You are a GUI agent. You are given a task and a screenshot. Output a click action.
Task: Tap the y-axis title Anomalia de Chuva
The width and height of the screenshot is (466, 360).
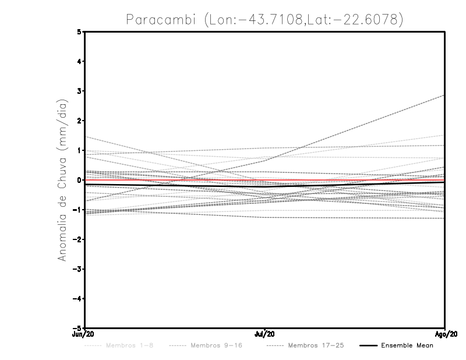pyautogui.click(x=62, y=180)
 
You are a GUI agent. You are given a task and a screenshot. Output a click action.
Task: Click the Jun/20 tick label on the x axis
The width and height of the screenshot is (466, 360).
pyautogui.click(x=84, y=334)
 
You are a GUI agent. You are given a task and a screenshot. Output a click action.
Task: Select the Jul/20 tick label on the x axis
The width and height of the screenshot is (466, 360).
pyautogui.click(x=265, y=334)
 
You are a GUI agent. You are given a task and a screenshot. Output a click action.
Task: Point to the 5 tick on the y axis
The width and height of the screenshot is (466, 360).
pyautogui.click(x=79, y=31)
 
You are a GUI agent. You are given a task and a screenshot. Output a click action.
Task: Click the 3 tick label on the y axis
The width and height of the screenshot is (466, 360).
pyautogui.click(x=79, y=91)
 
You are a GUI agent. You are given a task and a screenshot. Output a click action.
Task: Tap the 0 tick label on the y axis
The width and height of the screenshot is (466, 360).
pyautogui.click(x=79, y=180)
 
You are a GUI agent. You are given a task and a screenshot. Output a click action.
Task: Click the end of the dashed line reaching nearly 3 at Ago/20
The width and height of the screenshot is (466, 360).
pyautogui.click(x=444, y=95)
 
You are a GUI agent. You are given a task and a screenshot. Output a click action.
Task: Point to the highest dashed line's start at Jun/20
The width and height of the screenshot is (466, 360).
pyautogui.click(x=86, y=137)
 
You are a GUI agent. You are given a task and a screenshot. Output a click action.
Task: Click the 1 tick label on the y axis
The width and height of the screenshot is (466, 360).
pyautogui.click(x=79, y=150)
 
